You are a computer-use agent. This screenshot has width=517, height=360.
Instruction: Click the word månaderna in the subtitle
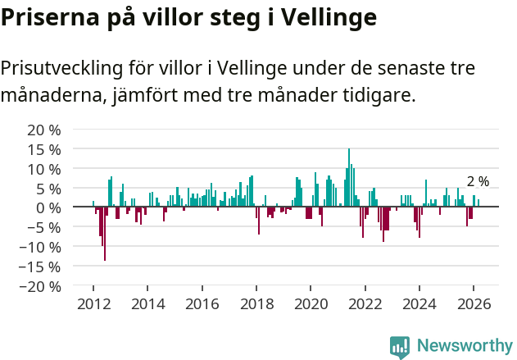[x=52, y=96]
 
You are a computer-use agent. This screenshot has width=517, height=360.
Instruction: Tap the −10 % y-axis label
[x=40, y=247]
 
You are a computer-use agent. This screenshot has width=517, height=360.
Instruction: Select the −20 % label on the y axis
[x=40, y=286]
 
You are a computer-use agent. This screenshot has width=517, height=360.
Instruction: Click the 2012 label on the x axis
[x=93, y=304]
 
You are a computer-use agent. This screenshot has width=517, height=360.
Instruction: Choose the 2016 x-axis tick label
[x=202, y=304]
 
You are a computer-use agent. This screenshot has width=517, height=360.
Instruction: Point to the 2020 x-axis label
[x=311, y=304]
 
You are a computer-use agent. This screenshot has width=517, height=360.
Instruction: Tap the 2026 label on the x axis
[x=474, y=304]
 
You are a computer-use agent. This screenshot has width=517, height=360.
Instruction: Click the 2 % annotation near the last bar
[x=478, y=182]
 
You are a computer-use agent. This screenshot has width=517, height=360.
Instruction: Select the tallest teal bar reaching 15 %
[x=348, y=176]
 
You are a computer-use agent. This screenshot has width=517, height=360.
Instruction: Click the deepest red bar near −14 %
[x=104, y=234]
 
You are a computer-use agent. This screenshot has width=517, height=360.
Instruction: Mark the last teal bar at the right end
[x=478, y=203]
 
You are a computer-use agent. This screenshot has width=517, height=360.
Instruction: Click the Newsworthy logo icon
[x=400, y=347]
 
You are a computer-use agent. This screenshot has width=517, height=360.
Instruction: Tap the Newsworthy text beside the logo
[x=465, y=347]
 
